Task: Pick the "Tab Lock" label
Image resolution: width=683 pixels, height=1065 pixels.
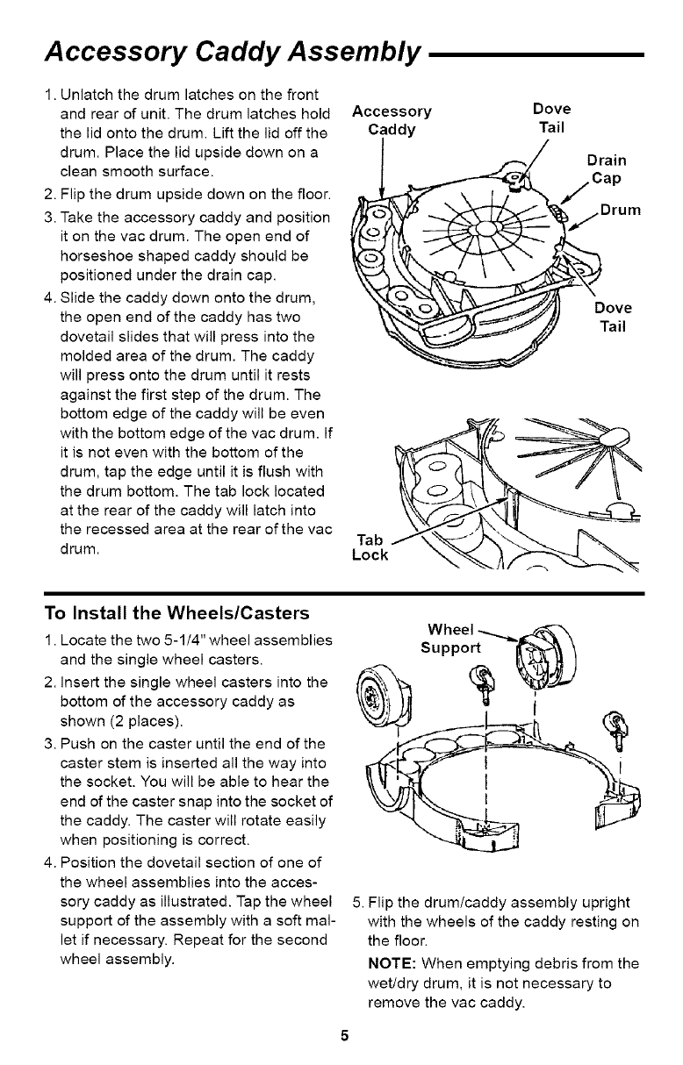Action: pos(369,548)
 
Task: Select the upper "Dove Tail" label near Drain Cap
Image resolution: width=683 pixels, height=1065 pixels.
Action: pos(552,118)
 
